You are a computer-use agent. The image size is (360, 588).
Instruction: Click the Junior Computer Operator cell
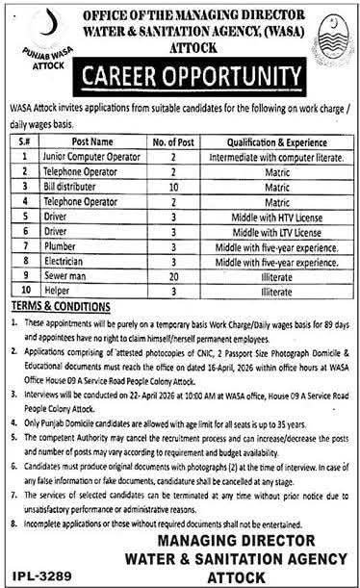coord(86,153)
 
